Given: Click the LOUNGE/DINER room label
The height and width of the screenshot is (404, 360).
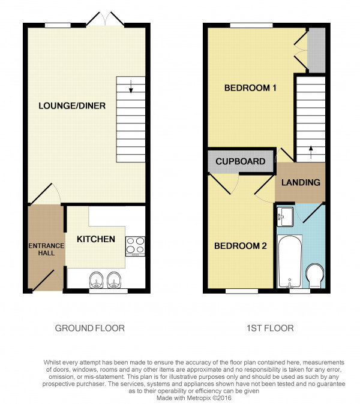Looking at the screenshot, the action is pyautogui.click(x=72, y=106).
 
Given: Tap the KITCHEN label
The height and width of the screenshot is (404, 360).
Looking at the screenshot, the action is pyautogui.click(x=96, y=239).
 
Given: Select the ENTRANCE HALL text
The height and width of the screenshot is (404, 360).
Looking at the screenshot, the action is pyautogui.click(x=46, y=249).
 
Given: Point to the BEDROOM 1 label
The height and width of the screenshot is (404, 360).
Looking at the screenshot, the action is pyautogui.click(x=250, y=88).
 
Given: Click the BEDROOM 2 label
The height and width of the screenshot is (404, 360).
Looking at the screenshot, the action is pyautogui.click(x=241, y=246).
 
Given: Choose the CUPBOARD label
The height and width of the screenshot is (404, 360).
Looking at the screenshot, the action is pyautogui.click(x=241, y=161).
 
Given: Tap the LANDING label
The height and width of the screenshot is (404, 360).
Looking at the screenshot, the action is pyautogui.click(x=301, y=182).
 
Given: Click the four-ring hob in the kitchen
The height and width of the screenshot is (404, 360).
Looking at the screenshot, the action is pyautogui.click(x=136, y=246).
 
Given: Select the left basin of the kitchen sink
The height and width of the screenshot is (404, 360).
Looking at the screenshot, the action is pyautogui.click(x=97, y=280).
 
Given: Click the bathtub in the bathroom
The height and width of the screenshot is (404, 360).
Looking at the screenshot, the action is pyautogui.click(x=290, y=261).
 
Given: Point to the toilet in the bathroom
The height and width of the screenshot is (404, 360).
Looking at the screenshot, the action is pyautogui.click(x=315, y=276).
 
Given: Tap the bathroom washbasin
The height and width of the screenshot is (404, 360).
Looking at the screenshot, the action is pyautogui.click(x=285, y=217).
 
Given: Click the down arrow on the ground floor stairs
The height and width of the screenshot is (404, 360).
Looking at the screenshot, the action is pyautogui.click(x=131, y=86).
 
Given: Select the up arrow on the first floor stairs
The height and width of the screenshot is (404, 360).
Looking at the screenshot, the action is pyautogui.click(x=311, y=152).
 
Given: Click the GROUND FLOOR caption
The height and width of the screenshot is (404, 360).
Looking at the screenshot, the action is pyautogui.click(x=90, y=328).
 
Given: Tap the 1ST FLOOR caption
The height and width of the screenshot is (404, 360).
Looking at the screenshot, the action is pyautogui.click(x=270, y=328).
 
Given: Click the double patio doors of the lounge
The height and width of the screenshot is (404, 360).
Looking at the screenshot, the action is pyautogui.click(x=105, y=19).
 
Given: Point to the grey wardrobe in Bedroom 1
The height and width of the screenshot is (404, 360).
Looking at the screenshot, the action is pyautogui.click(x=316, y=50).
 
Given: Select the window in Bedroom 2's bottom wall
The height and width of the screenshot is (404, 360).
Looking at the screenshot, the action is pyautogui.click(x=242, y=291).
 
